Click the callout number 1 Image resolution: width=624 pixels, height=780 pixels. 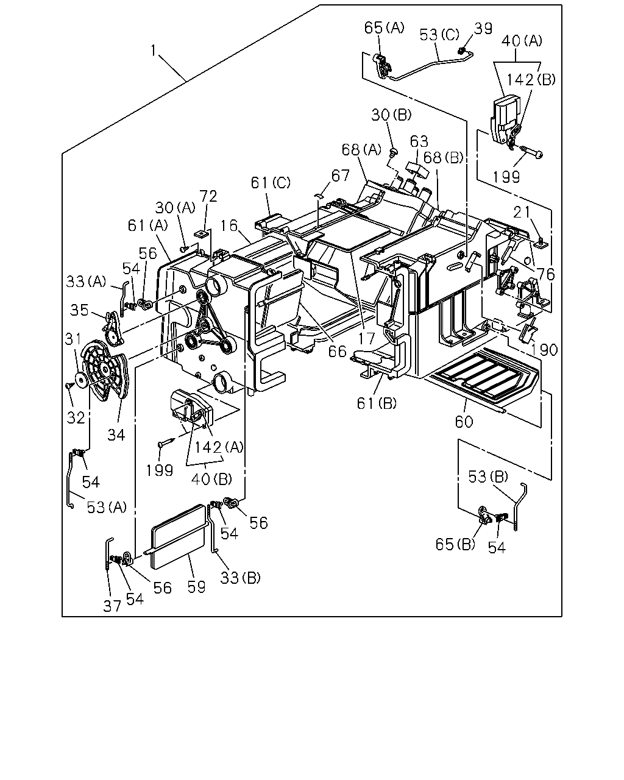click(x=154, y=51)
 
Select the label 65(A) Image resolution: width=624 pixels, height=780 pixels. click(x=384, y=28)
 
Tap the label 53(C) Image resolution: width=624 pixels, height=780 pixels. click(x=439, y=35)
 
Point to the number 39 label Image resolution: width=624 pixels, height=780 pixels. click(x=483, y=29)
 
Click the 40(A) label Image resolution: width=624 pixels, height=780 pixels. click(x=522, y=41)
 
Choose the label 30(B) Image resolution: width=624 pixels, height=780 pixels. click(x=391, y=115)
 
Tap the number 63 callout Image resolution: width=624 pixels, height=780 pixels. click(x=419, y=141)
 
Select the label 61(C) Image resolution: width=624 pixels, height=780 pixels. click(x=271, y=183)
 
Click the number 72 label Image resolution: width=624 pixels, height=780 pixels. click(x=208, y=196)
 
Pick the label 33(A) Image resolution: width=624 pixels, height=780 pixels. click(x=86, y=282)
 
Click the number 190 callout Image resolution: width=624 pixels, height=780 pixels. click(x=544, y=350)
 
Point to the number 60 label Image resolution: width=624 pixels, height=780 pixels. click(x=464, y=422)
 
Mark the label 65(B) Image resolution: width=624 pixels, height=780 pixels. click(x=455, y=544)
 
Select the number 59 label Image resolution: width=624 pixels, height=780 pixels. click(x=196, y=587)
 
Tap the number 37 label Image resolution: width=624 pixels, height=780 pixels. click(x=112, y=606)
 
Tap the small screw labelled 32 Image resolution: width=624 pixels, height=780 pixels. click(x=68, y=386)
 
